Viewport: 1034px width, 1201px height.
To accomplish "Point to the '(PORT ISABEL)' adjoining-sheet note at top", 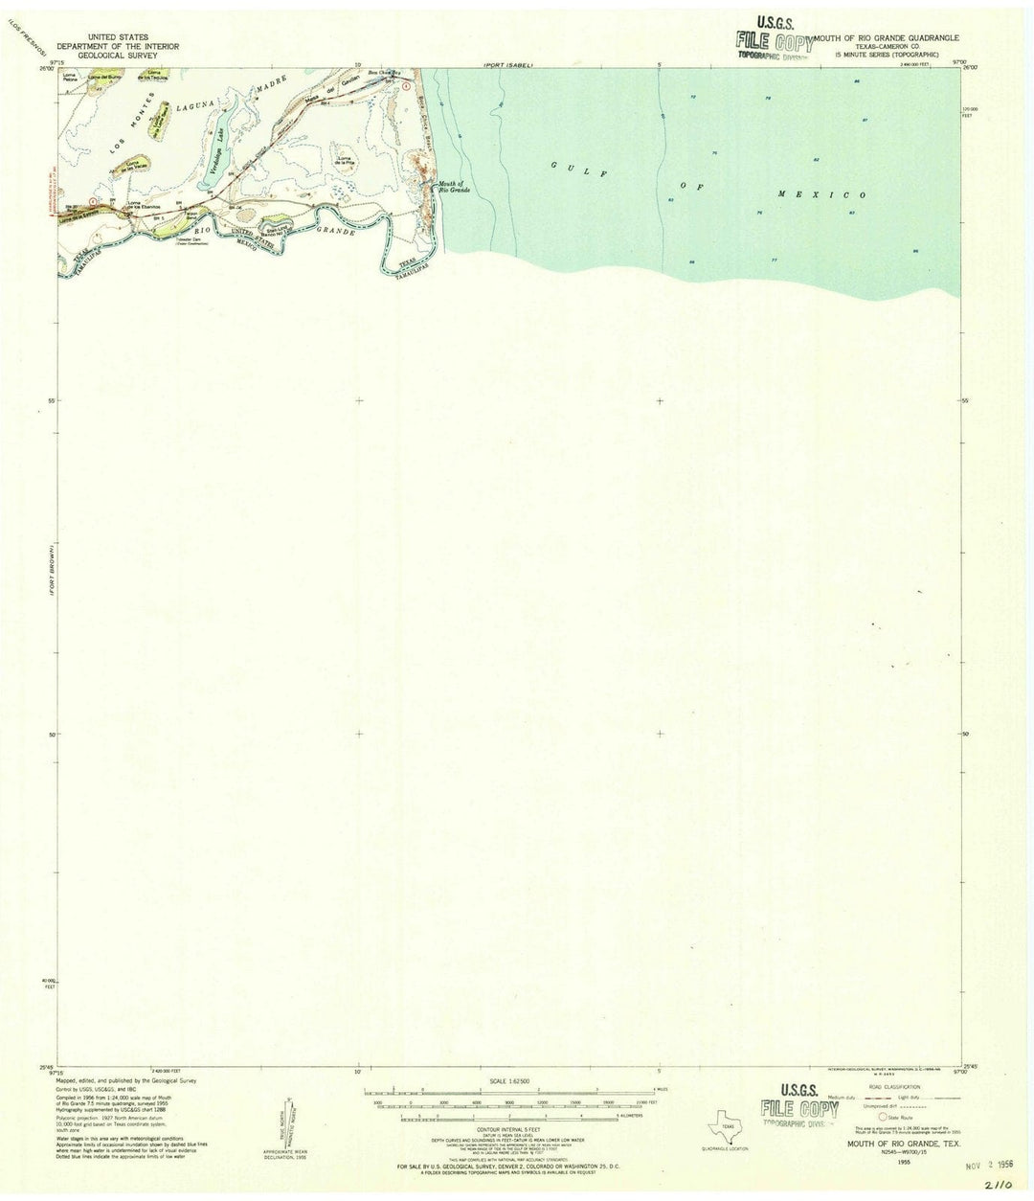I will point(506,64).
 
